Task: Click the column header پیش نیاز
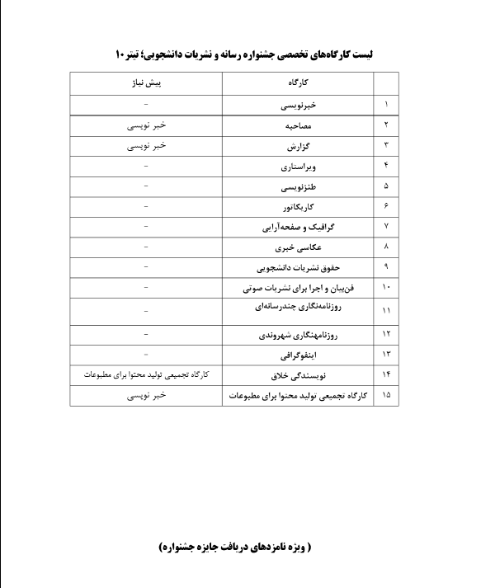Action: click(x=146, y=84)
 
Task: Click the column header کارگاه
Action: click(x=299, y=84)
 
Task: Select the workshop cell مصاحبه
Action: click(x=298, y=125)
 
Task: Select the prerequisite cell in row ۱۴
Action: click(x=147, y=375)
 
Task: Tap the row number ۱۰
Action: click(x=386, y=288)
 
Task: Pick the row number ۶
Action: click(x=386, y=206)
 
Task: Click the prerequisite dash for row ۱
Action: click(x=146, y=105)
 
